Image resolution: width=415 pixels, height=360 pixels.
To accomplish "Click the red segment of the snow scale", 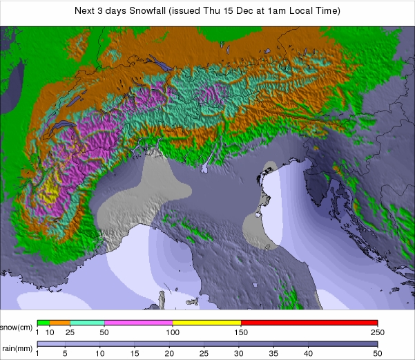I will click(309, 323).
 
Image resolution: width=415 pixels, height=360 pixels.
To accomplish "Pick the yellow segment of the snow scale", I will click(206, 323).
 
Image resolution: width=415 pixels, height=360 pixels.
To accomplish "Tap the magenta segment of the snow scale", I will click(138, 323).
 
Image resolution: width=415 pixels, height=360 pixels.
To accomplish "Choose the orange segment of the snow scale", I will click(59, 323).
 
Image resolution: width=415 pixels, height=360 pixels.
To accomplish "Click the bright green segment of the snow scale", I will click(43, 323).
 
